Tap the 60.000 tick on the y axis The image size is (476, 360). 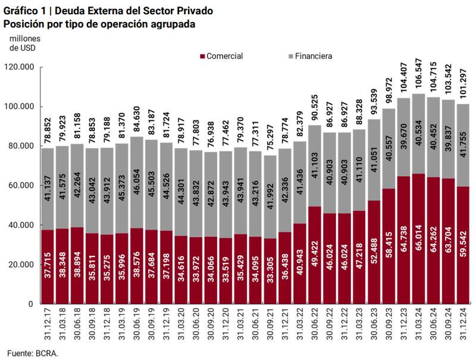point(20,186)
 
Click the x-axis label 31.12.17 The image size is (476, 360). point(48,324)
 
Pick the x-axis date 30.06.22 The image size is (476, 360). point(315,324)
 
